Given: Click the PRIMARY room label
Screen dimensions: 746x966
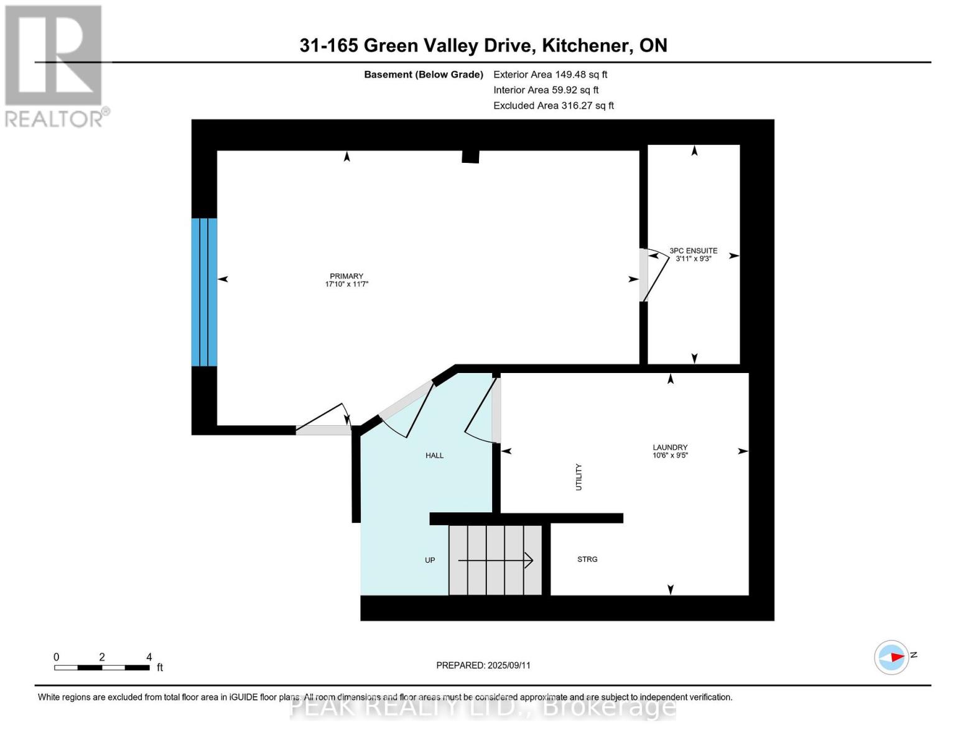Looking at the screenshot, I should coord(346,276).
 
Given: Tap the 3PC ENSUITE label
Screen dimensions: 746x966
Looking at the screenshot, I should coord(693,251).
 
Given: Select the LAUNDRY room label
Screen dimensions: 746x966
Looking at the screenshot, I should coord(670,447).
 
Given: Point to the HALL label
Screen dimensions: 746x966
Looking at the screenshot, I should coord(434,456).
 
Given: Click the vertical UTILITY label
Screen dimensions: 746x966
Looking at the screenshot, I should coord(578,477).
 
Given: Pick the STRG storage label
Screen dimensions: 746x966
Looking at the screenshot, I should coord(587,559).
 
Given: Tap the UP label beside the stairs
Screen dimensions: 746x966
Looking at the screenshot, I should coord(430,560).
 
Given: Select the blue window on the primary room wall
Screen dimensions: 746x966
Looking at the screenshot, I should coord(204,292).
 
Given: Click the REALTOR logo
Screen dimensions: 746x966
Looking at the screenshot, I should coord(55,65).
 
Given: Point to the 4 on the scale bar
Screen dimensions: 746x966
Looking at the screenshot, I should coord(149,656).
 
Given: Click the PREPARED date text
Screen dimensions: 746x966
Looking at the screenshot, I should coord(483,665).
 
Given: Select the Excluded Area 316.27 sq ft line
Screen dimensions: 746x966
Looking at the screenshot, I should coord(554,106).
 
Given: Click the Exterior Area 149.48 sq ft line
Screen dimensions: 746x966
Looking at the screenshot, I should coord(550,75).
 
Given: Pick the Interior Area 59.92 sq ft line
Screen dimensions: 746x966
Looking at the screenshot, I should coord(546,90).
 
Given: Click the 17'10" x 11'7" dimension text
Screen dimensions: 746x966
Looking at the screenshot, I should coord(346,284).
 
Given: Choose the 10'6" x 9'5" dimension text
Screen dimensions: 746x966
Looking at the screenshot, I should coord(670,455).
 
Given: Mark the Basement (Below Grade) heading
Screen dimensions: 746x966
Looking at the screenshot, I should coord(424,75).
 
